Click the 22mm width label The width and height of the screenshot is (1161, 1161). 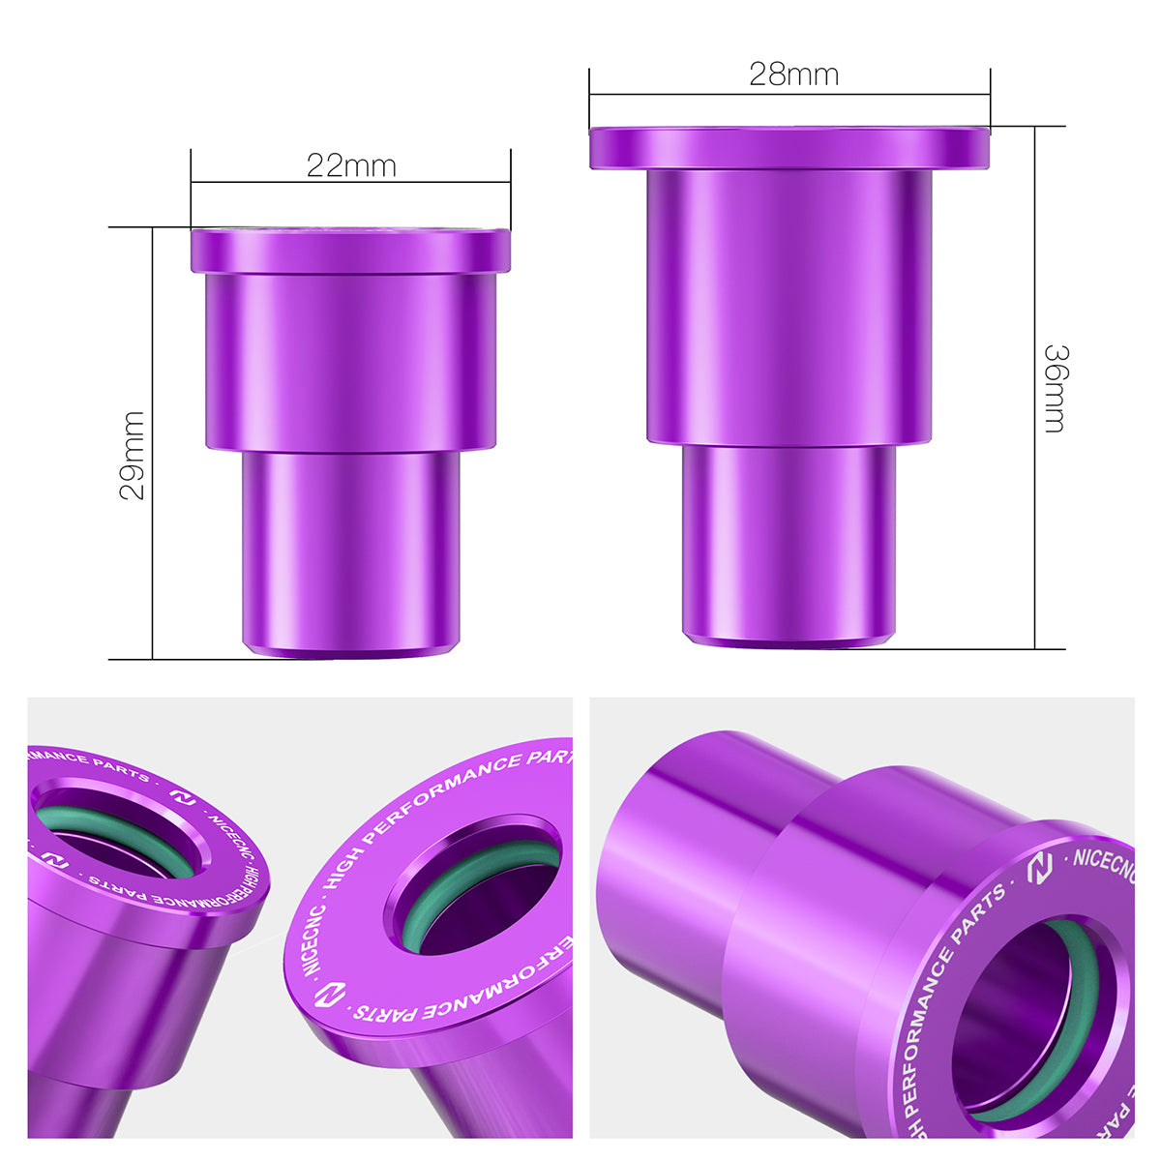click(351, 166)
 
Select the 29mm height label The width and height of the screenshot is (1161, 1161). click(133, 455)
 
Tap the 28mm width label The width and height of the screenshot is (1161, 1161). click(793, 74)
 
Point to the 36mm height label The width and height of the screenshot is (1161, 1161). click(1054, 388)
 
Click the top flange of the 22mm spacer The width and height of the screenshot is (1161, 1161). click(350, 251)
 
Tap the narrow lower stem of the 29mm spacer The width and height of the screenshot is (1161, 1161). click(350, 551)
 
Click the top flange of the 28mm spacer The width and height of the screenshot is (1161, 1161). click(789, 148)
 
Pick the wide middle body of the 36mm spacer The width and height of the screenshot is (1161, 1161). click(789, 305)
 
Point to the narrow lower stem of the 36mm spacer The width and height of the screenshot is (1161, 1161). click(789, 542)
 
